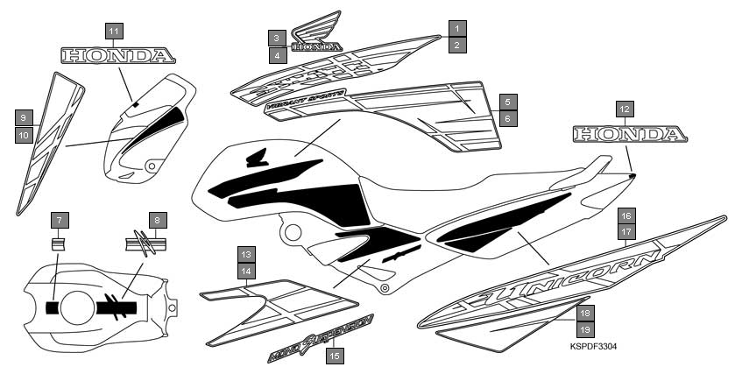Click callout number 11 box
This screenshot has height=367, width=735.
click(115, 31)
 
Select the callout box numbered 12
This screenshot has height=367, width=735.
click(624, 109)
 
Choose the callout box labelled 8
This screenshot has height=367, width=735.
click(157, 219)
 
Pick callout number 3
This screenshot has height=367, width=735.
click(277, 38)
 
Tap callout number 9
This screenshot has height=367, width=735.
click(25, 116)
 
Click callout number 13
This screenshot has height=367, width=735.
click(247, 254)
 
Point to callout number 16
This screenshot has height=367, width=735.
click(625, 215)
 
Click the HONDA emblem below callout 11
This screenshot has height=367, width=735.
click(117, 57)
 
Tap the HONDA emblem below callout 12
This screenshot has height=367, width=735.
click(625, 135)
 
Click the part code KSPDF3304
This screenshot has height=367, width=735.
click(592, 347)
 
